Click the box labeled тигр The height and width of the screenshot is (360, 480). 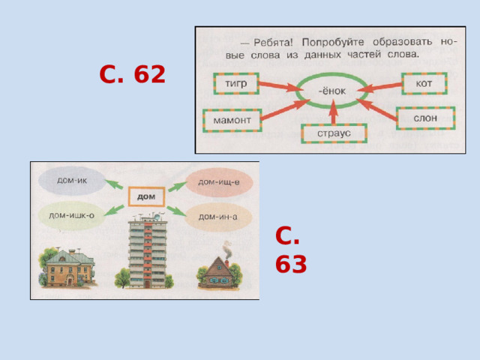point(236,83)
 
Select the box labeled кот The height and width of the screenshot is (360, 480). point(424,83)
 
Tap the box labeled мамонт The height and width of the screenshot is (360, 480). point(232,120)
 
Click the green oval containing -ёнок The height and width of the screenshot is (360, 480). point(331,91)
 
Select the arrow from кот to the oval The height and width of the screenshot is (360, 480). point(380,88)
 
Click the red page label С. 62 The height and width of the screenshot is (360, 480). point(132,75)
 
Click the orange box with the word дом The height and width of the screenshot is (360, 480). point(146,196)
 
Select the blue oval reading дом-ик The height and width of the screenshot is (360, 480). point(71,181)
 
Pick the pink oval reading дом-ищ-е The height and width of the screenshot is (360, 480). point(218,181)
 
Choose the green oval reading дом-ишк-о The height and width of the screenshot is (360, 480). point(71,215)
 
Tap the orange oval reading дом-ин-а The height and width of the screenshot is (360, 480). point(218,216)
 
